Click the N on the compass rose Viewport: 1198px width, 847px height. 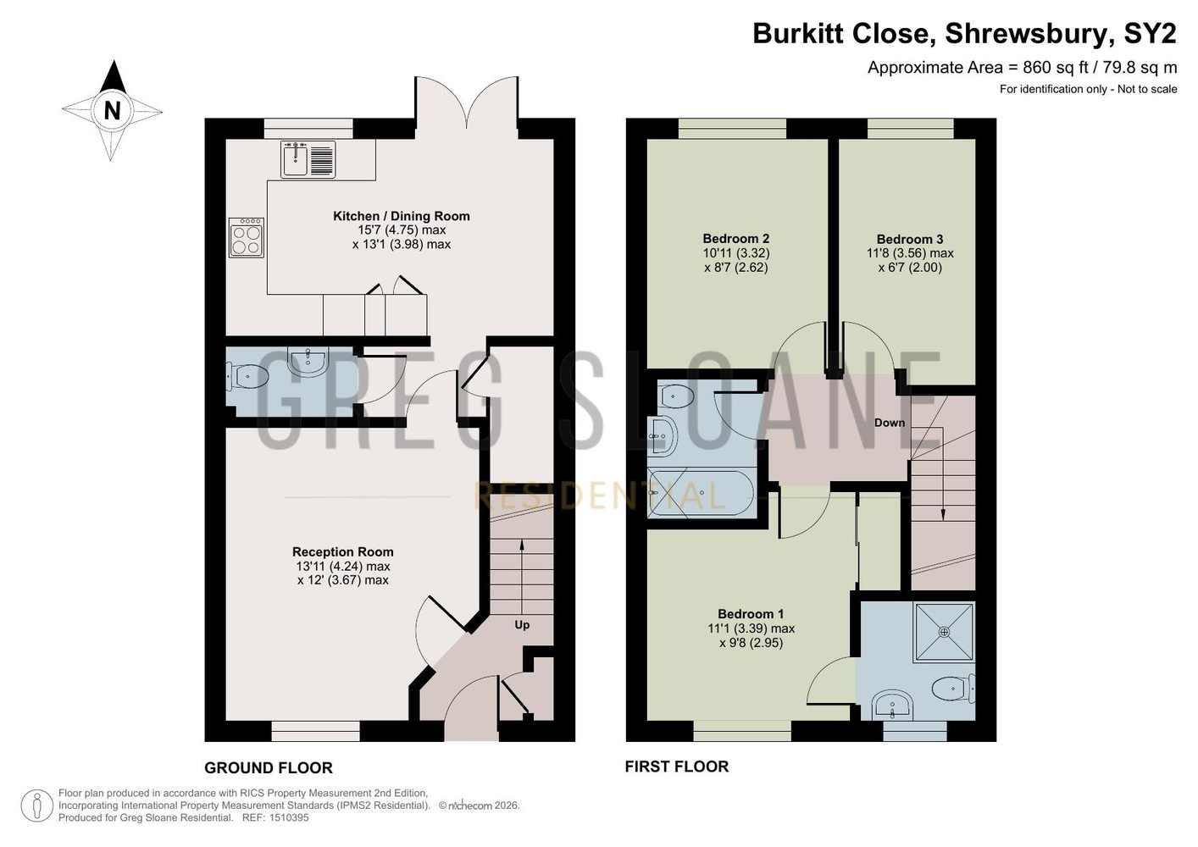[x=112, y=111]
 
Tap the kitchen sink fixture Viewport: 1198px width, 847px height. [x=308, y=159]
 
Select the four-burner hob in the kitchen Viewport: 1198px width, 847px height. [x=246, y=237]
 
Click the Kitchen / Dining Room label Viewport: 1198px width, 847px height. [x=401, y=216]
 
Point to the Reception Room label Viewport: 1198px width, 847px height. [x=343, y=551]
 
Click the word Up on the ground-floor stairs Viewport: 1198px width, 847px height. [x=522, y=624]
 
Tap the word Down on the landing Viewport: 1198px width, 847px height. [x=890, y=423]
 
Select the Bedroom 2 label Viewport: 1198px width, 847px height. [x=736, y=239]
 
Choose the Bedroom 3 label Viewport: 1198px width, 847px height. [x=910, y=239]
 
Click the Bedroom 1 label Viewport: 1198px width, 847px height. [x=751, y=613]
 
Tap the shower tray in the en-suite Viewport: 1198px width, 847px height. [x=944, y=632]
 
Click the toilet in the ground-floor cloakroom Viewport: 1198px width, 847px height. [x=247, y=376]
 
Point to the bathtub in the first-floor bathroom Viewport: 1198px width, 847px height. [x=702, y=493]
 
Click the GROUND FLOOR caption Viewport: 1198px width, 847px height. [x=269, y=768]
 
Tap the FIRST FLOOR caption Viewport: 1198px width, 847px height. [x=677, y=767]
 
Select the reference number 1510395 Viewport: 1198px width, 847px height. [x=289, y=817]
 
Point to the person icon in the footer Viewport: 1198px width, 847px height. [x=37, y=805]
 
